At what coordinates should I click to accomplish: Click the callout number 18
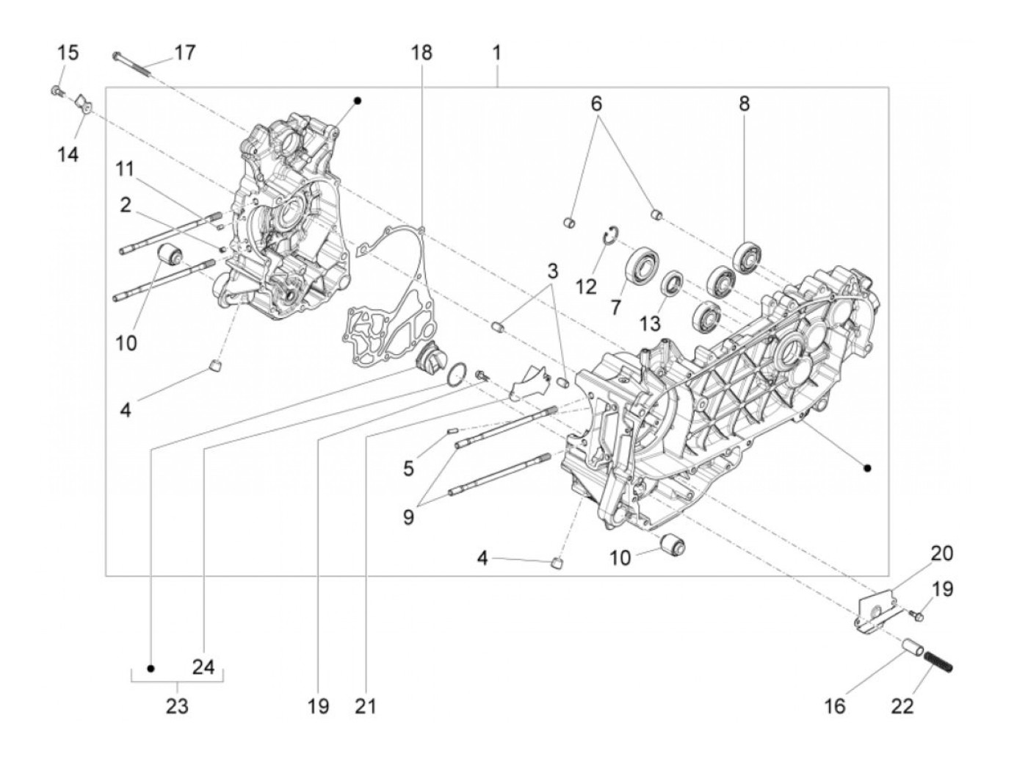[x=421, y=53]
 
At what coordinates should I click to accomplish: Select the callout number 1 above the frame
[x=496, y=53]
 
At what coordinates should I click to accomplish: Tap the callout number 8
[x=744, y=104]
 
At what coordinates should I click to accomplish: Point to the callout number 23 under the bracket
[x=177, y=706]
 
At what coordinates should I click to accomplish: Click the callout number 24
[x=203, y=667]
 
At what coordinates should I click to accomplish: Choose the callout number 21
[x=365, y=706]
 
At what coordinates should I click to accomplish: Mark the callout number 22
[x=902, y=706]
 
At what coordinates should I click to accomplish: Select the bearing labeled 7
[x=642, y=262]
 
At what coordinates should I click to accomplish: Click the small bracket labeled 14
[x=84, y=104]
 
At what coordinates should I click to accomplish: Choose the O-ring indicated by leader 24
[x=456, y=373]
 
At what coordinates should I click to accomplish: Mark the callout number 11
[x=125, y=169]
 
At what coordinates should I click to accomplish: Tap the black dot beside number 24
[x=151, y=668]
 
